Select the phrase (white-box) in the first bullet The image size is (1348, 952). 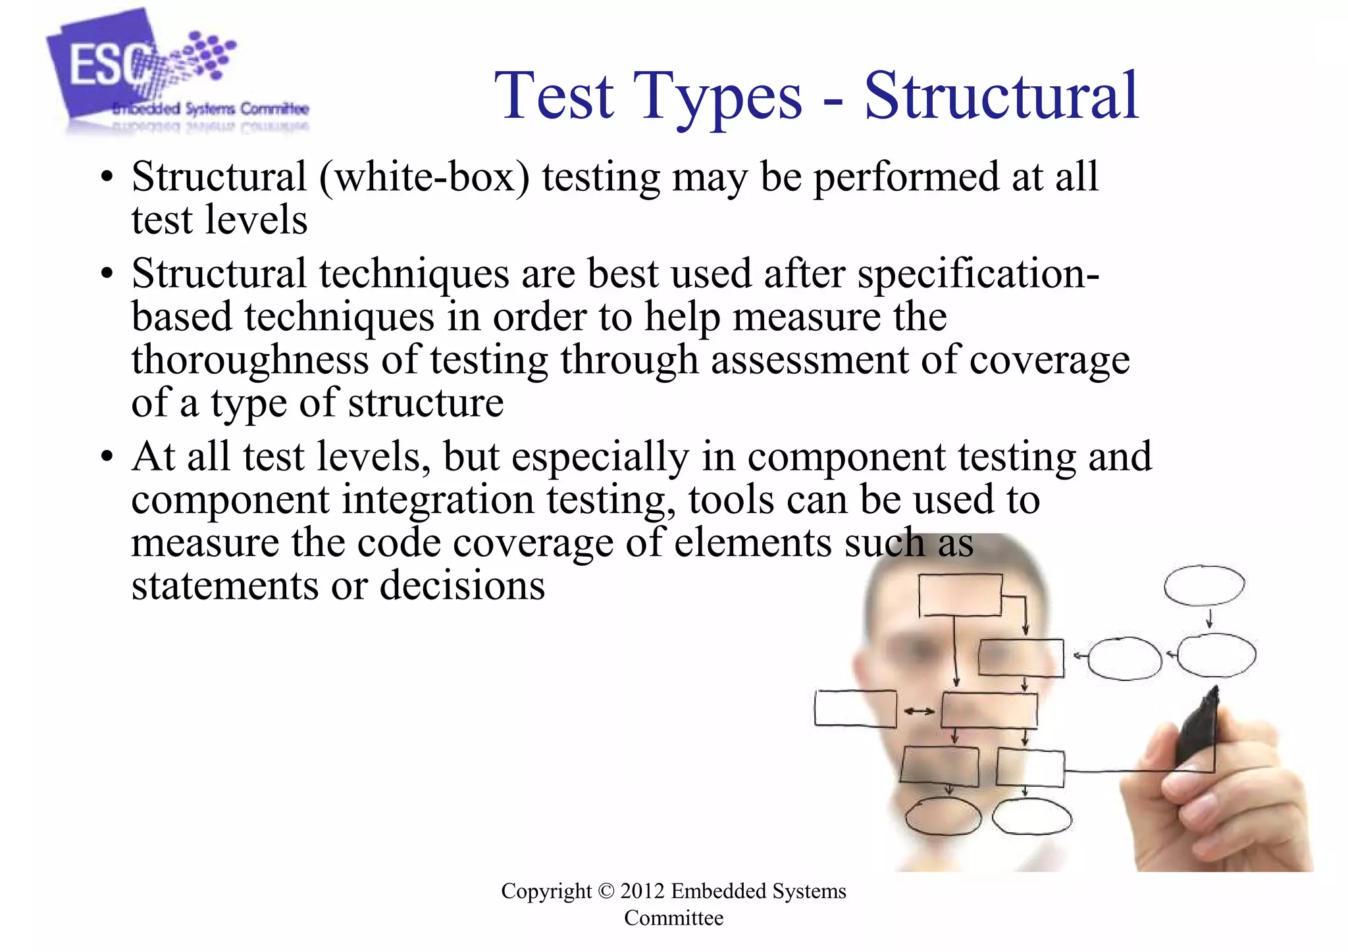tap(425, 178)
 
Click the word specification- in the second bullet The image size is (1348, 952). tap(978, 274)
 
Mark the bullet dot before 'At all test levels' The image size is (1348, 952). tap(107, 457)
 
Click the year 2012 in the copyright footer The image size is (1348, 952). tap(642, 891)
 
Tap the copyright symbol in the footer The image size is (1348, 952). tap(606, 891)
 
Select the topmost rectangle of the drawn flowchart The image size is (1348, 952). tap(960, 595)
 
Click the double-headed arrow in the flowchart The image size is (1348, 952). tap(919, 711)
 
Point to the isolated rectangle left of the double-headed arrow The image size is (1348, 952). tap(855, 709)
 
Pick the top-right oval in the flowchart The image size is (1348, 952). tap(1204, 585)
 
